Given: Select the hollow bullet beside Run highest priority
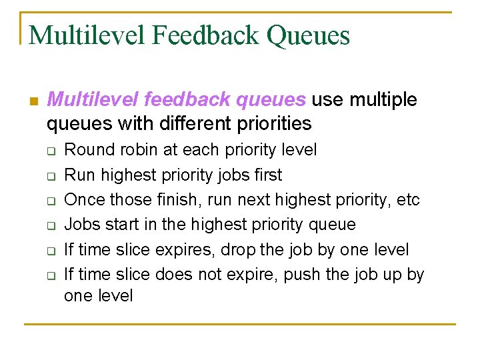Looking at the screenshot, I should [49, 176].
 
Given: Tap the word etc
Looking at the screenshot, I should [407, 200].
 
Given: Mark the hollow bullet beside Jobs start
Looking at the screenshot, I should [49, 226].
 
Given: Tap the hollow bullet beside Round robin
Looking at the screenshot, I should [49, 151].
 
